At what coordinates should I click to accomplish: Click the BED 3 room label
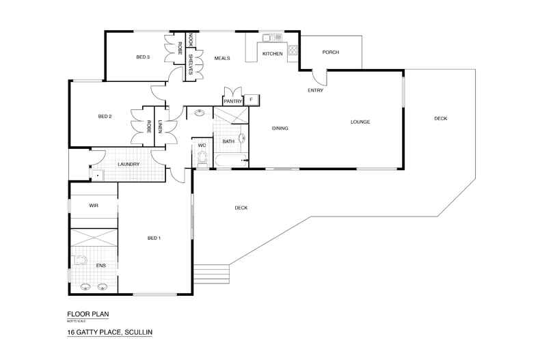click(143, 57)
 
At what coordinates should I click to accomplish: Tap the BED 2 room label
click(105, 117)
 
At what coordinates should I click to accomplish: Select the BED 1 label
click(154, 238)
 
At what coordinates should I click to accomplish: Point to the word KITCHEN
click(272, 53)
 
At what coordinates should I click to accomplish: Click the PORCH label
click(330, 52)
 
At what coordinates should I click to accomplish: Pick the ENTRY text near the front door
click(315, 90)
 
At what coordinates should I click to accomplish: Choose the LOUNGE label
click(360, 122)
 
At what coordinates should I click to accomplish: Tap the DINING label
click(280, 128)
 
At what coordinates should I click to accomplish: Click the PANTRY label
click(233, 100)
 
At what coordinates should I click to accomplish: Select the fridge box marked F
click(252, 100)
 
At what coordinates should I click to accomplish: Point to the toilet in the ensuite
click(81, 260)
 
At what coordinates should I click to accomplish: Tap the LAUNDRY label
click(129, 165)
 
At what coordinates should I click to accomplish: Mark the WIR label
click(94, 205)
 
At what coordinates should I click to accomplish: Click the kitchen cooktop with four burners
click(293, 49)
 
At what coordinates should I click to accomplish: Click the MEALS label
click(221, 58)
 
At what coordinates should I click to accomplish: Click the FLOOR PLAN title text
click(87, 314)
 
